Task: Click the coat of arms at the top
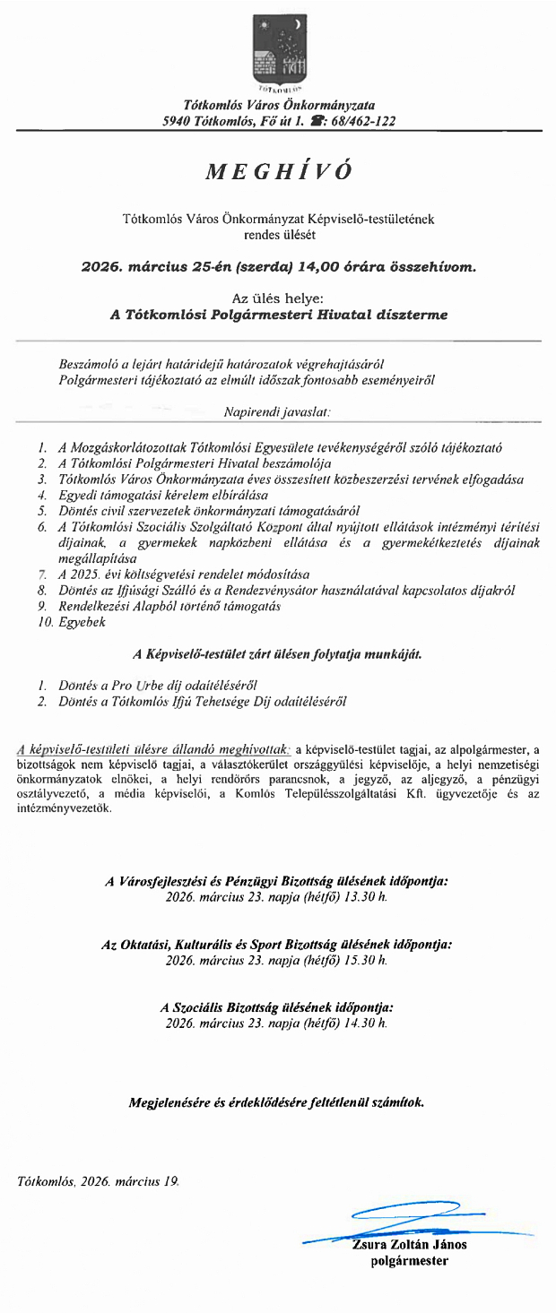click(x=279, y=47)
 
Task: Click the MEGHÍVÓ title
click(x=278, y=172)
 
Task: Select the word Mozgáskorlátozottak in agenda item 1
click(x=114, y=446)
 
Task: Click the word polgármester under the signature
click(x=410, y=1261)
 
